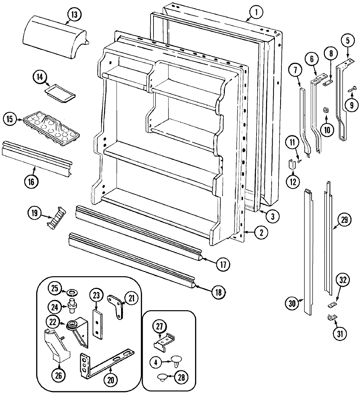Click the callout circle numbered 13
click(75, 14)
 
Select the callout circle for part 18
click(218, 292)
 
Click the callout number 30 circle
click(292, 303)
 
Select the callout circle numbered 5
click(348, 41)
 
